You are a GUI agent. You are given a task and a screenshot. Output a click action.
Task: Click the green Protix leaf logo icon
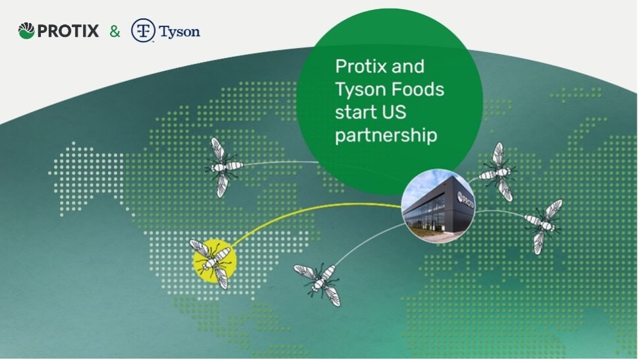tap(26, 31)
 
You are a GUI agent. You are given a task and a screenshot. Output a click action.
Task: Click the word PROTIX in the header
tap(68, 31)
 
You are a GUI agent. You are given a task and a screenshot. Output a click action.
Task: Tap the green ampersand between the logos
tap(115, 32)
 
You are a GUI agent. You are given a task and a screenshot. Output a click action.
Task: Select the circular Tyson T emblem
tap(143, 30)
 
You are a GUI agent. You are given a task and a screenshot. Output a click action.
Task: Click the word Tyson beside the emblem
tap(179, 32)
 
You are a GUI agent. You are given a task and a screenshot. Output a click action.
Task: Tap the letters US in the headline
tap(394, 112)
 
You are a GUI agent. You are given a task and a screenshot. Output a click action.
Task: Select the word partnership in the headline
tap(386, 136)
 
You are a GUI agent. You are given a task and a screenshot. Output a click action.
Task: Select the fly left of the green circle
tap(222, 167)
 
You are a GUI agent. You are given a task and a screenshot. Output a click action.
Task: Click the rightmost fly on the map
tap(543, 225)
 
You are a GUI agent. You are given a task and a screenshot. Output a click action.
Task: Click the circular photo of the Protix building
tap(438, 206)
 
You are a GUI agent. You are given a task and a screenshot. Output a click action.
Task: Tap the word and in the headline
tap(408, 67)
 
